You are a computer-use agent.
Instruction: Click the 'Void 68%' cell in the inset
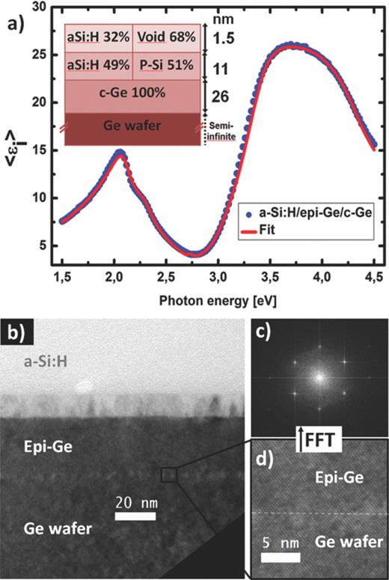point(166,37)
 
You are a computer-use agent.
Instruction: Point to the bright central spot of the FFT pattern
point(320,378)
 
